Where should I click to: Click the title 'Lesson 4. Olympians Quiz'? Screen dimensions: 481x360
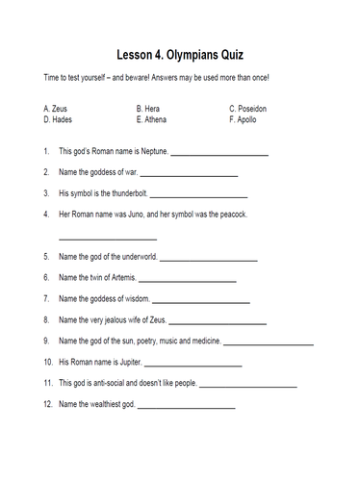180,55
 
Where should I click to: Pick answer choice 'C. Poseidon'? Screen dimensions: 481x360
251,111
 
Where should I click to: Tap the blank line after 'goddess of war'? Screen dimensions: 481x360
188,174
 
